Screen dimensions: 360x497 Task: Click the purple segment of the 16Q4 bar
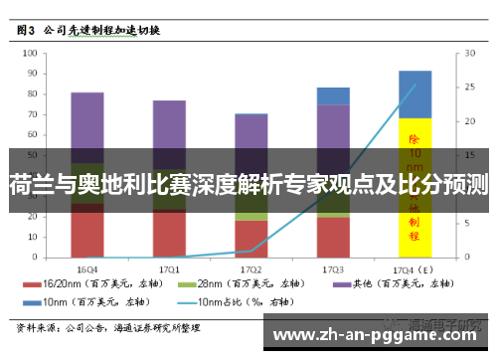87,119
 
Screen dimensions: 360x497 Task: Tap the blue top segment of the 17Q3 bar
333,95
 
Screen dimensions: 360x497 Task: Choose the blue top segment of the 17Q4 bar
414,93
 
